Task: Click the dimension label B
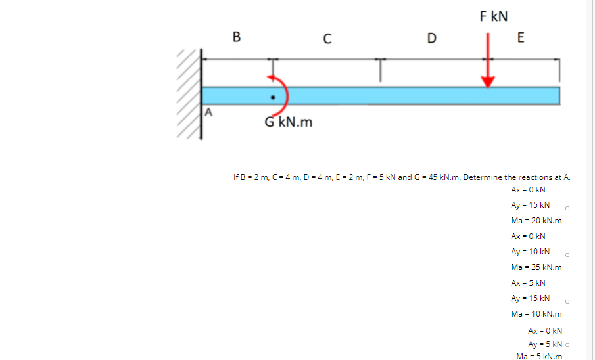coord(237,37)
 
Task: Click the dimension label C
coord(327,39)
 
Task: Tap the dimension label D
coord(431,38)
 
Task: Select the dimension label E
coord(521,37)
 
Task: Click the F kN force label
coord(494,16)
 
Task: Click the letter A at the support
coord(209,112)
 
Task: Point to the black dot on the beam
coord(272,99)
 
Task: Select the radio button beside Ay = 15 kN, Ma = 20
coord(567,209)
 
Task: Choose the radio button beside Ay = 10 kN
coord(567,255)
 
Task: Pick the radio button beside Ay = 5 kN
coord(567,344)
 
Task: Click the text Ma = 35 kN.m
coord(536,267)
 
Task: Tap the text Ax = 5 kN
coord(528,283)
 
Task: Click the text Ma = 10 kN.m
coord(536,314)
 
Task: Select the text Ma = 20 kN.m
coord(536,221)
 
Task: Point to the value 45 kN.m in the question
coord(442,177)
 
